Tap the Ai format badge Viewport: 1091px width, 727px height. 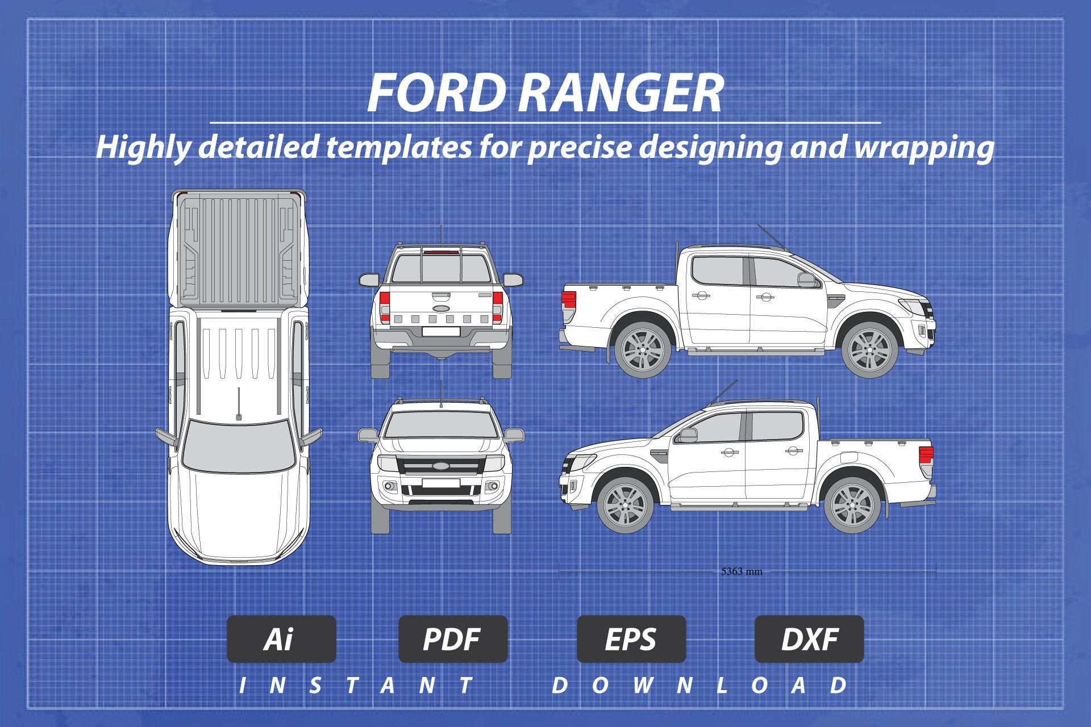coord(281,639)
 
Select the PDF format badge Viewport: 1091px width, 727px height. coord(452,639)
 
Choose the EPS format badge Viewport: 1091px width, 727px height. coord(631,639)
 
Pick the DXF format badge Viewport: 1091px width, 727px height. coord(809,639)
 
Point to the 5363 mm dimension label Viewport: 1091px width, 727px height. coord(742,571)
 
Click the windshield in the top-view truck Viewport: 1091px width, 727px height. coord(235,445)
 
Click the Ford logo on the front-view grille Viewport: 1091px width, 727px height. coord(441,466)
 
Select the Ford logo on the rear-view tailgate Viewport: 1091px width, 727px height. coord(441,308)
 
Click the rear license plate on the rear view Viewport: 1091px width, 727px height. coord(441,332)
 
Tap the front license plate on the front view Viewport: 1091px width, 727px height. coord(441,483)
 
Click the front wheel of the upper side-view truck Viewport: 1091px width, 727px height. coord(869,350)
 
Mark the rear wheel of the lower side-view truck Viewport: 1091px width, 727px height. coord(852,505)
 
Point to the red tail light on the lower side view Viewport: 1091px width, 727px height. coord(926,454)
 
